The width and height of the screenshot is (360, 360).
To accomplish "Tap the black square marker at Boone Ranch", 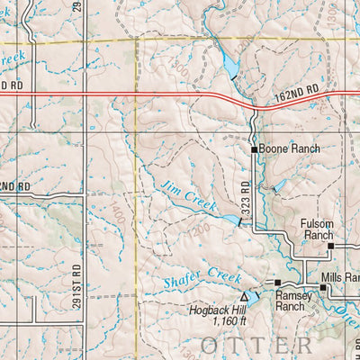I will pos(255,149).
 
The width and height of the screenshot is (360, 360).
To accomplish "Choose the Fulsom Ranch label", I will pos(318,229).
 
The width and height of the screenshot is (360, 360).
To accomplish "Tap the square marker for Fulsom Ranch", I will pos(330,245).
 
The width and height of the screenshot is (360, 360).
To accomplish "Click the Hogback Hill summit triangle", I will pos(244,296).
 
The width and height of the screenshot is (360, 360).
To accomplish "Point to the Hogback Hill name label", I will pos(216,309).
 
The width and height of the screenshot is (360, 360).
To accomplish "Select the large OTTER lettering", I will pos(256,344).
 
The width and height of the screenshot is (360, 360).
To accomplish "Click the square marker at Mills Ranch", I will pos(322,287).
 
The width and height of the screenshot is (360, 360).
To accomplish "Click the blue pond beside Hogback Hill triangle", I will pos(255,294).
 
